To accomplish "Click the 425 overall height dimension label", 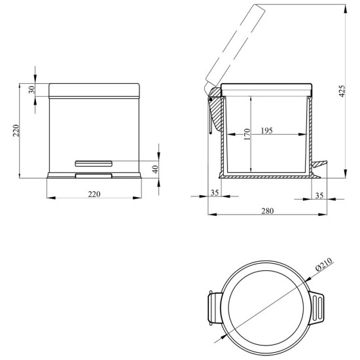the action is click(x=342, y=91).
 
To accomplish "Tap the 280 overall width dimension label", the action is click(x=268, y=211).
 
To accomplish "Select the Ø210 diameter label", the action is click(x=324, y=264).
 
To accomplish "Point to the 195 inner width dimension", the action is click(x=267, y=130).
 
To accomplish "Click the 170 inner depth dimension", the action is click(x=247, y=134).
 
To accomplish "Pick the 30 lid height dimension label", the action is click(x=32, y=89).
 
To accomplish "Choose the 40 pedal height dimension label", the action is click(x=155, y=170).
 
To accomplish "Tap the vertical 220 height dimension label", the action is click(x=16, y=131).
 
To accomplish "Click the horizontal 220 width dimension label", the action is click(x=94, y=194).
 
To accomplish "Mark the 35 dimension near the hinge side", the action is click(x=215, y=192).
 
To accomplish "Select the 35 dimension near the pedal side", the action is click(x=319, y=196).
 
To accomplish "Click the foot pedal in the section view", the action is click(x=319, y=164).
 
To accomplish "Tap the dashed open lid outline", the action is click(x=235, y=46).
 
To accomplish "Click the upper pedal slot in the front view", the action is click(x=94, y=164).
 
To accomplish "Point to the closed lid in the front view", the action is click(x=94, y=90).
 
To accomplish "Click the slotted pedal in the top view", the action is click(x=317, y=308).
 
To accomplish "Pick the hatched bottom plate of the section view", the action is click(x=268, y=177).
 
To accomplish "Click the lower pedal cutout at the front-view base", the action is click(x=94, y=176).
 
